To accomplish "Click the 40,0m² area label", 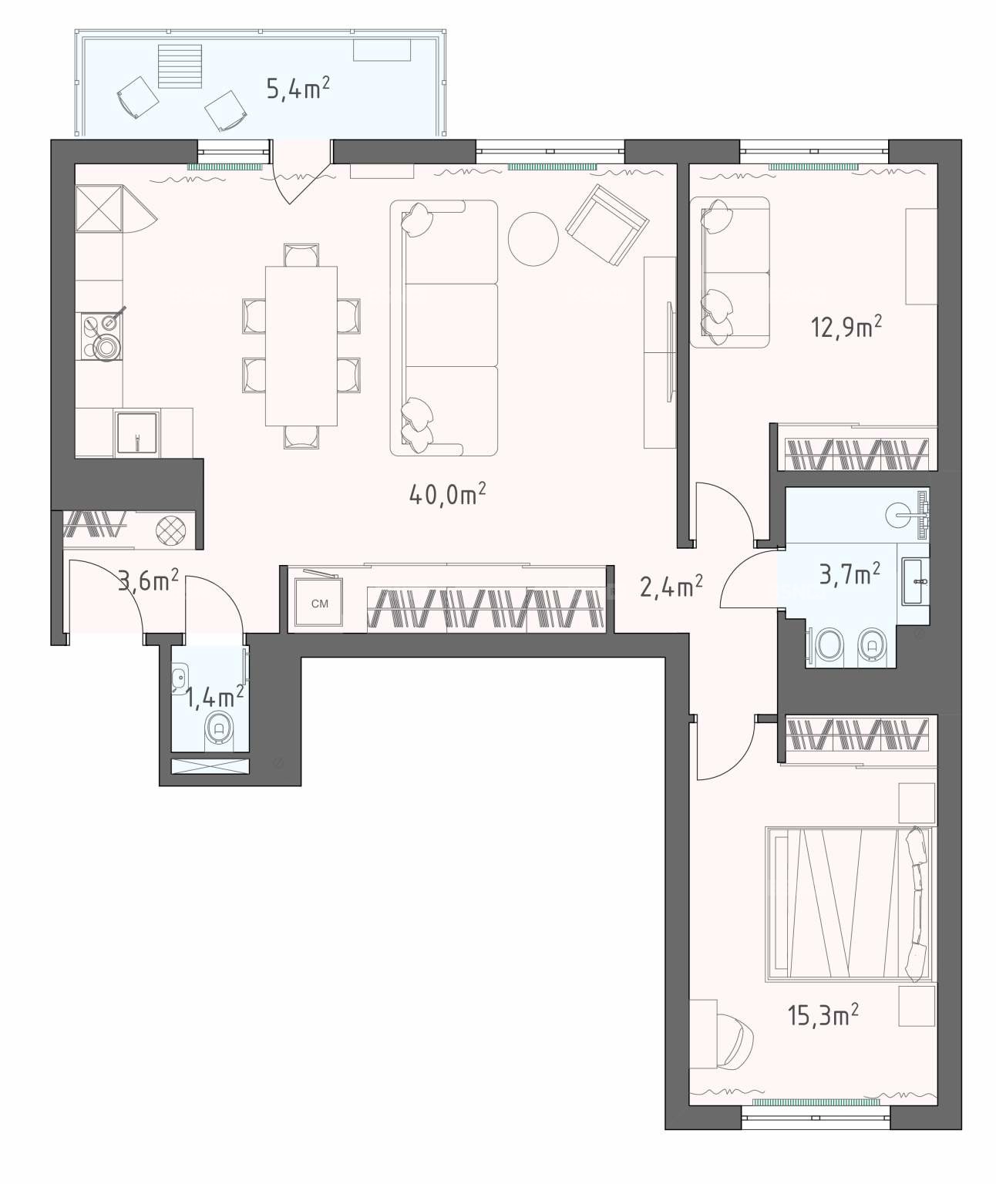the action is [x=448, y=494].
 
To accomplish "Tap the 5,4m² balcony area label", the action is [x=298, y=89].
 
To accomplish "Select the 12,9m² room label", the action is [x=846, y=328].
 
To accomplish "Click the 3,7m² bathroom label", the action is [x=850, y=574].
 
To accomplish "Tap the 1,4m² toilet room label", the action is [x=216, y=696].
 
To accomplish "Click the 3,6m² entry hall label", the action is [x=149, y=581].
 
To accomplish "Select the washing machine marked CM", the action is [x=319, y=604].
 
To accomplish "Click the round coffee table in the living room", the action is [x=533, y=239].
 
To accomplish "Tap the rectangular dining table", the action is [x=301, y=346].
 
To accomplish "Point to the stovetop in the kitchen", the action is [x=101, y=337].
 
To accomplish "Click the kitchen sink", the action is [x=136, y=434].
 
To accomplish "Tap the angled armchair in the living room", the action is [x=607, y=224].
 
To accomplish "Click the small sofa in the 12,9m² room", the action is [x=729, y=272].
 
